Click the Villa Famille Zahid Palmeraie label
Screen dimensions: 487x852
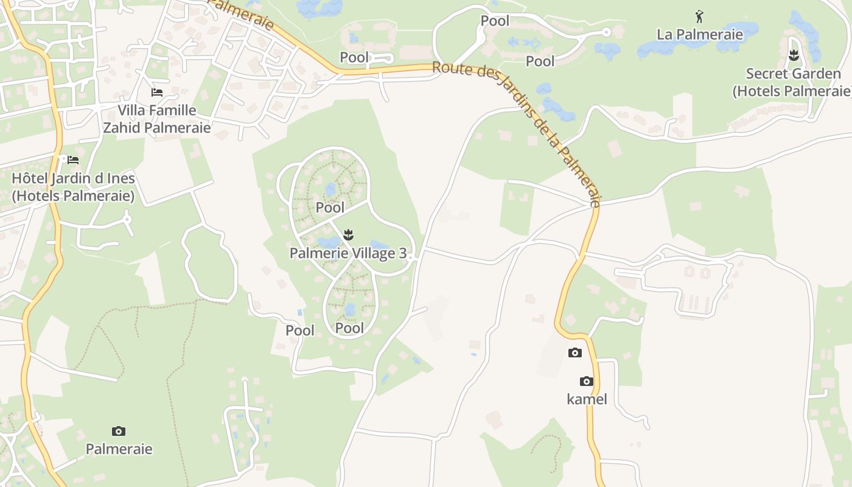coord(157,119)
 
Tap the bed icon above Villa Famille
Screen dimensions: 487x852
coord(157,93)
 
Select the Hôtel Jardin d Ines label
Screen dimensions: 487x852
coord(73,187)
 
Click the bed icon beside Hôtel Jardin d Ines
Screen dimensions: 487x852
coord(73,160)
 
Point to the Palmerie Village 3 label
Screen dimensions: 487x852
coord(347,253)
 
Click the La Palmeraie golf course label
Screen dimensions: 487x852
coord(700,34)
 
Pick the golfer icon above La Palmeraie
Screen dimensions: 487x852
coord(699,16)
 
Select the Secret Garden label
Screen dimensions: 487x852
coord(793,82)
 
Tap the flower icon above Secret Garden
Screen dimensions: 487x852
coord(794,56)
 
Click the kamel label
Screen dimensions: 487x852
coord(587,399)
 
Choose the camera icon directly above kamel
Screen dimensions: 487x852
coord(587,382)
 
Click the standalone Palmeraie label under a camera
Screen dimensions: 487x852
coord(119,449)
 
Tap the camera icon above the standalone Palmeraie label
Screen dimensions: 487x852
coord(119,432)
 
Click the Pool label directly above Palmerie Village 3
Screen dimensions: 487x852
coord(330,208)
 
